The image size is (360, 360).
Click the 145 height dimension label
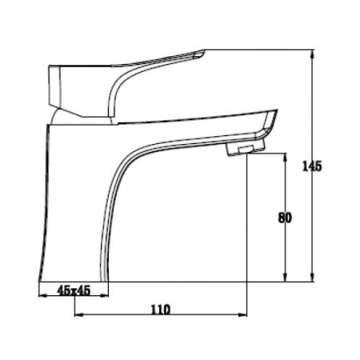click(312, 166)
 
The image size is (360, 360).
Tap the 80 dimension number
click(285, 218)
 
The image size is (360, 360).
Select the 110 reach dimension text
click(161, 310)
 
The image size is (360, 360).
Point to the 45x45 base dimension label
click(74, 290)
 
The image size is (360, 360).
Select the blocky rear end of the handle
click(54, 86)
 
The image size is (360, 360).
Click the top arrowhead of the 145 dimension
click(313, 54)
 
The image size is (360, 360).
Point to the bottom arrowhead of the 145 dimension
click(313, 277)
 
